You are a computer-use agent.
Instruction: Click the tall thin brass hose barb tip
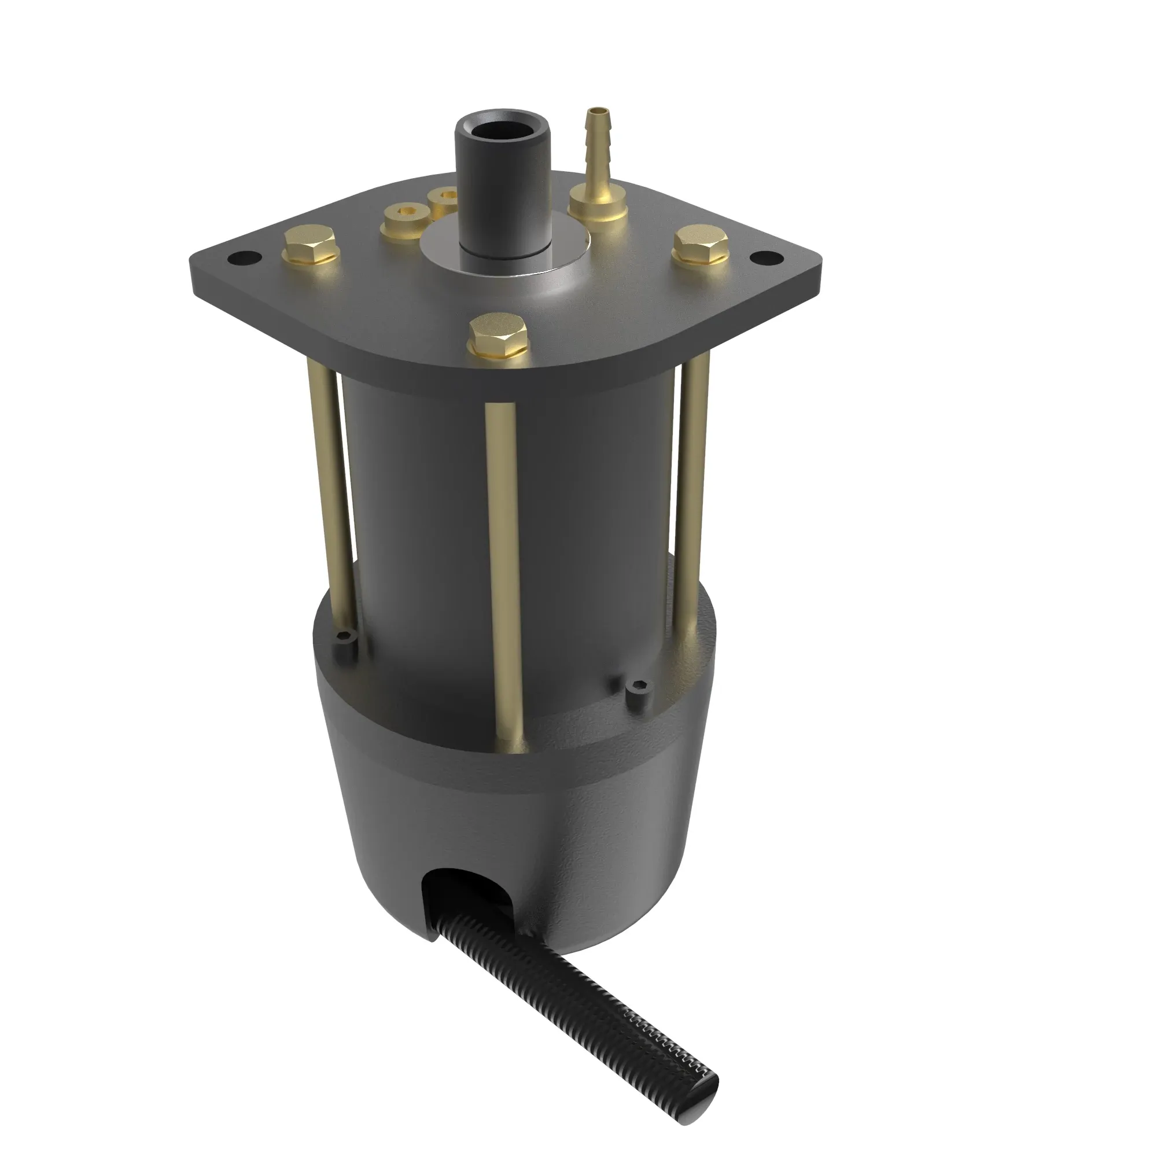596,112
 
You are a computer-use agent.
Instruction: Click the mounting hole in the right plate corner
767,257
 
